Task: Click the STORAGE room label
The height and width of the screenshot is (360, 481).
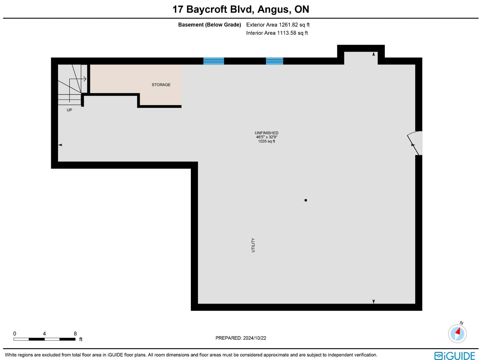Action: (161, 85)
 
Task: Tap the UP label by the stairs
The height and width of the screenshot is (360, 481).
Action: (70, 110)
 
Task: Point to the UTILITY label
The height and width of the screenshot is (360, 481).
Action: (253, 245)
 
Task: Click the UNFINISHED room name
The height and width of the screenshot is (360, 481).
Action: (266, 133)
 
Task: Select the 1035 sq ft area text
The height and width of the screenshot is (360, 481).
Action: (266, 141)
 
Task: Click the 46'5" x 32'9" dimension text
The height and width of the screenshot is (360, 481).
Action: (266, 137)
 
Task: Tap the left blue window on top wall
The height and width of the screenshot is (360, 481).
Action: (214, 61)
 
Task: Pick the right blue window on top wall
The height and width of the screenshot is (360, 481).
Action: (274, 61)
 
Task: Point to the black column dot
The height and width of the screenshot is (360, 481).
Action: (306, 200)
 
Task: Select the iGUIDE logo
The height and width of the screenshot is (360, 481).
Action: (455, 355)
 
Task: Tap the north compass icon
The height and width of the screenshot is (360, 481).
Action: (457, 334)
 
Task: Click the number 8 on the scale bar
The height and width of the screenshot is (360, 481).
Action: (75, 334)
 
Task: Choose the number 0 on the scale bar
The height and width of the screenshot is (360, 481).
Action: (15, 334)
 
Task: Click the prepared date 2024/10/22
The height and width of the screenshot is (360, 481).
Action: (254, 338)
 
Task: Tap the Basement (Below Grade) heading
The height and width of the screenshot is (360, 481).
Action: (209, 25)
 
